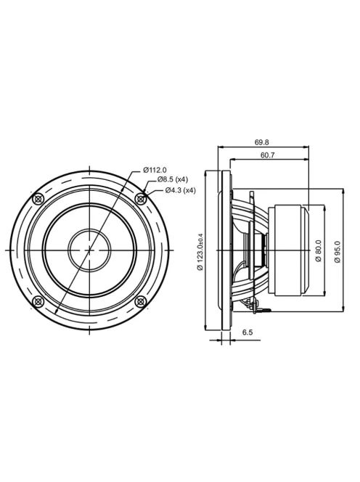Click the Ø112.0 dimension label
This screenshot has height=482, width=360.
pyautogui.click(x=155, y=170)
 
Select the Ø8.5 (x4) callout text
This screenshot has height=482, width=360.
pyautogui.click(x=173, y=179)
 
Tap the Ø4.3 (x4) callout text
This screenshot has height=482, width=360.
pyautogui.click(x=180, y=190)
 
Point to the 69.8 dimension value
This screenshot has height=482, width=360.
pyautogui.click(x=261, y=142)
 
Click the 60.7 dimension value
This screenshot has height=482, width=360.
pyautogui.click(x=268, y=155)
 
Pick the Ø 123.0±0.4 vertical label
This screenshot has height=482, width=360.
pyautogui.click(x=200, y=251)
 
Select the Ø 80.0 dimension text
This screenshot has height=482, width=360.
pyautogui.click(x=318, y=251)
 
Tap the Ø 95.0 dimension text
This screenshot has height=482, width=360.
pyautogui.click(x=337, y=252)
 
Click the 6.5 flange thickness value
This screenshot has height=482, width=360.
pyautogui.click(x=247, y=332)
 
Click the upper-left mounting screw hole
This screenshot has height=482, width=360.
pyautogui.click(x=38, y=199)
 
